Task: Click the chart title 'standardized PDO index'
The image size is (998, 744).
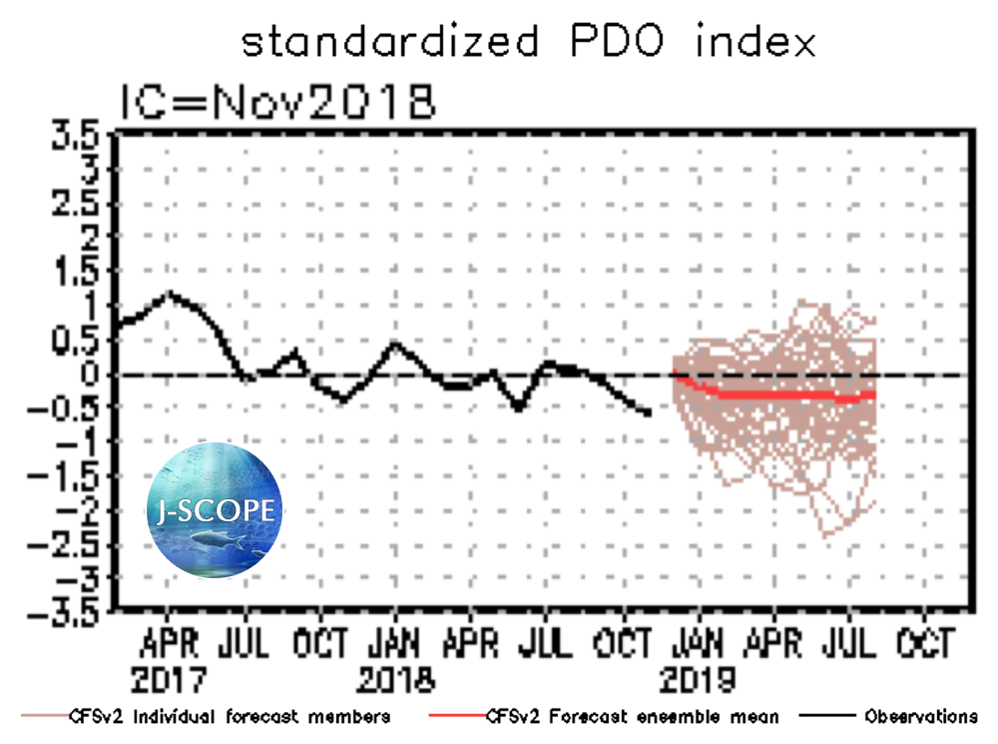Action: point(528,42)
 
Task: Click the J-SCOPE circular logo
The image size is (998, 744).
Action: point(215,512)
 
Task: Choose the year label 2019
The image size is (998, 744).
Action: point(699,680)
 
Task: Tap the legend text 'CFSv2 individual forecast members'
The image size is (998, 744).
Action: point(229,716)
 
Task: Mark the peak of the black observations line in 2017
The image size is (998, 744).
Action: point(170,294)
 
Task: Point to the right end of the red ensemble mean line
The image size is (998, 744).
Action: point(874,394)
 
